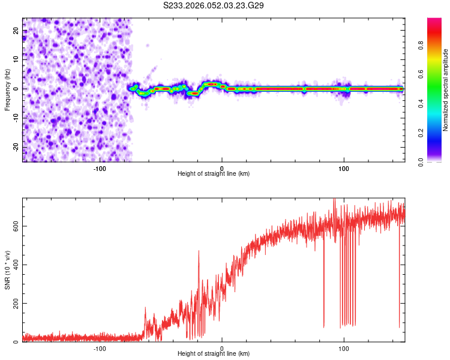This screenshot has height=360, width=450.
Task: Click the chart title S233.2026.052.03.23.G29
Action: (214, 6)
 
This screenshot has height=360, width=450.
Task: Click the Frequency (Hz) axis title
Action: (7, 89)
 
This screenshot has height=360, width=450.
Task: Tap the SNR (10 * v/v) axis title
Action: (7, 269)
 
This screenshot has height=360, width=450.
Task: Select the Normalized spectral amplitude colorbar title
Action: (446, 89)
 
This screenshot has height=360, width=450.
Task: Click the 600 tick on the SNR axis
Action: (16, 226)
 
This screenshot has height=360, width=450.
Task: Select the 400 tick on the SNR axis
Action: (16, 265)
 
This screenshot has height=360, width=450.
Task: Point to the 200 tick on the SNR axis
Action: (16, 304)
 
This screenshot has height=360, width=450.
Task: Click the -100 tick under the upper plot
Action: (100, 168)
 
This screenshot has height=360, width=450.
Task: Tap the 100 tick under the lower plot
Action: (344, 348)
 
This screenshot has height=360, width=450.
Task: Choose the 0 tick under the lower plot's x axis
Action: (222, 348)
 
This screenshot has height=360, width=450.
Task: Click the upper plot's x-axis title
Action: (214, 174)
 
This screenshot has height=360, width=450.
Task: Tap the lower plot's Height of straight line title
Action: (214, 354)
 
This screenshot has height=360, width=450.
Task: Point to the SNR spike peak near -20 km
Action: (199, 251)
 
